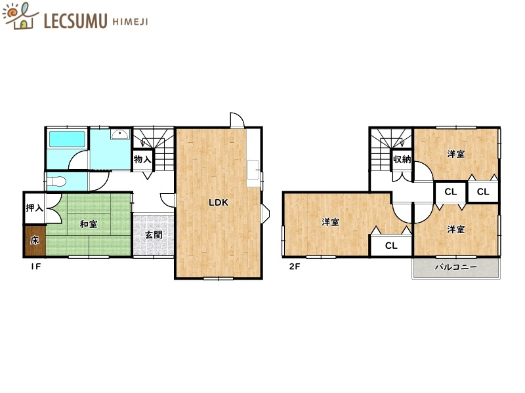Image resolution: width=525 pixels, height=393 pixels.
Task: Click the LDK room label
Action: click(219, 202)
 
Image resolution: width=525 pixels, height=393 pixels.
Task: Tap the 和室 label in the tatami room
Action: click(89, 224)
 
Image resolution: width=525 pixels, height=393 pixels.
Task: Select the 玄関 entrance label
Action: click(154, 235)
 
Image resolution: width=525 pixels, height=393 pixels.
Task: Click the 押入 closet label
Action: click(35, 208)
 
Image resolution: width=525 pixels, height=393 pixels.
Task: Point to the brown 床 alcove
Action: click(35, 240)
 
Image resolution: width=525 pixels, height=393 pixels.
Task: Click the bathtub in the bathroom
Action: click(67, 139)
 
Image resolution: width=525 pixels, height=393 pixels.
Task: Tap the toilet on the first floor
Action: click(56, 182)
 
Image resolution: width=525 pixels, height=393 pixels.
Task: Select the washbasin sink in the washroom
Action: click(120, 134)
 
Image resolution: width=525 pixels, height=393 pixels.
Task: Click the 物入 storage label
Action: click(142, 159)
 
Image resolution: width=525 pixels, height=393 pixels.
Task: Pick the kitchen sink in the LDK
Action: click(253, 173)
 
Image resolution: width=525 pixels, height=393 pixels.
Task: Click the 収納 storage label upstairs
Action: click(402, 159)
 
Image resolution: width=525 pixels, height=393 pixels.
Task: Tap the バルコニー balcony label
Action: click(456, 267)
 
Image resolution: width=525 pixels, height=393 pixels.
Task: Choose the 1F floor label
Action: click(35, 267)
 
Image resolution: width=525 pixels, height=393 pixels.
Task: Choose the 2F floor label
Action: click(295, 267)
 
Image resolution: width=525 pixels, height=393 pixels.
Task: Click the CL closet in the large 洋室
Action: click(391, 246)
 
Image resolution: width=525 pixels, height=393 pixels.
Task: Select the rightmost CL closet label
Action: click(483, 191)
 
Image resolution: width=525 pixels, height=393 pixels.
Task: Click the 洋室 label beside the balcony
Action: click(455, 230)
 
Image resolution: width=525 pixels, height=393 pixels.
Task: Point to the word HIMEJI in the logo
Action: click(130, 22)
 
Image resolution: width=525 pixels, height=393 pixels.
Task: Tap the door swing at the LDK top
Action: click(237, 121)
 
